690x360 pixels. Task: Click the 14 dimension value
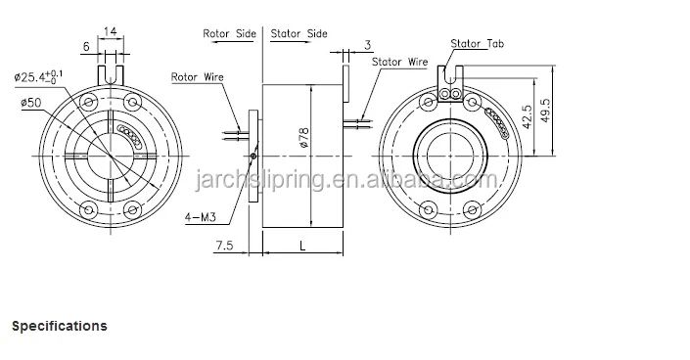pos(110,31)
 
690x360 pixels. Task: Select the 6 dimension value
pos(86,46)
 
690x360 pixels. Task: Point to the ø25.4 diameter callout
pos(38,76)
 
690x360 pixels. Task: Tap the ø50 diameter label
pos(30,103)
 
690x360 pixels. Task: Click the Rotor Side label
pos(229,33)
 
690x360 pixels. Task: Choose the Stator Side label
pos(299,33)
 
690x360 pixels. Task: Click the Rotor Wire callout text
pos(197,77)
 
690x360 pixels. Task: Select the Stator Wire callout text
pos(399,62)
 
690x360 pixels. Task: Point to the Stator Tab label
pos(477,44)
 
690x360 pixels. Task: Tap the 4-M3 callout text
pos(201,217)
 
